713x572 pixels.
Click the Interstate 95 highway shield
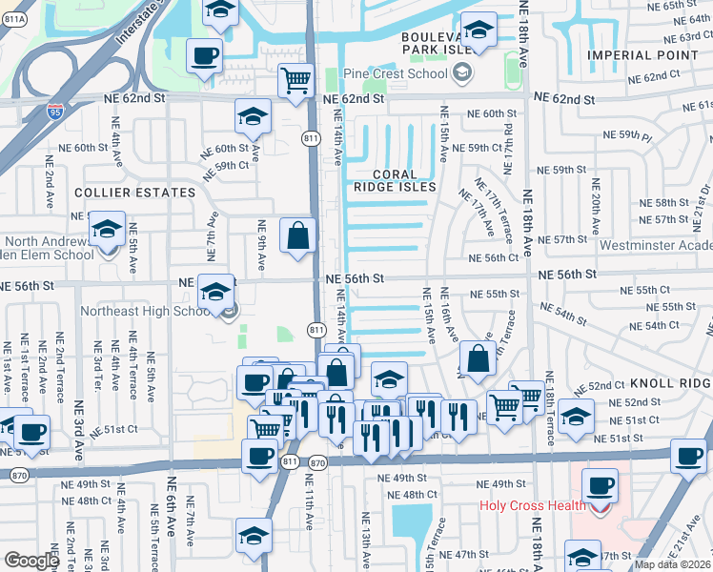click(x=54, y=112)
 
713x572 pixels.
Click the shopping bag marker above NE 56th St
click(x=298, y=234)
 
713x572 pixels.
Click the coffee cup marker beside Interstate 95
click(x=204, y=55)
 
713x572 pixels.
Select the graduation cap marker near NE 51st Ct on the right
click(x=576, y=416)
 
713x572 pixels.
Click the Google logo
click(x=31, y=561)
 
